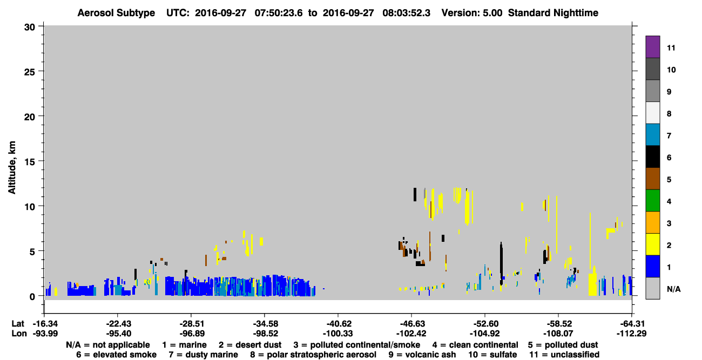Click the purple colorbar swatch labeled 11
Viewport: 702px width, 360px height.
(x=652, y=46)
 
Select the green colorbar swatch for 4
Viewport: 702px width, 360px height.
(x=652, y=200)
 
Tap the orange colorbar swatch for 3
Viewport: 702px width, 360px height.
(x=652, y=222)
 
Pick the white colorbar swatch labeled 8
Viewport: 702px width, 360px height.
(x=652, y=112)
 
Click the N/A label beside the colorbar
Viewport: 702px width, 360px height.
(x=673, y=289)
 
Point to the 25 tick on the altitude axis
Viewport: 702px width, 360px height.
(x=41, y=71)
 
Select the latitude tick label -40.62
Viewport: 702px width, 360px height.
(x=338, y=324)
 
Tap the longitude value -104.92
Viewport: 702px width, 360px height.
(x=484, y=334)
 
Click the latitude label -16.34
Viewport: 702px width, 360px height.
(x=45, y=324)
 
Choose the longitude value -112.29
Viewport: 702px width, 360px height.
(x=631, y=334)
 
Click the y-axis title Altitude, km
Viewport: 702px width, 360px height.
(x=12, y=168)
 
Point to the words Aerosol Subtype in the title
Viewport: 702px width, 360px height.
(x=116, y=13)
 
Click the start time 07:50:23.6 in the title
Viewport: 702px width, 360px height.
(x=279, y=13)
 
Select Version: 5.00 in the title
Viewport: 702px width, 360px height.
(x=471, y=13)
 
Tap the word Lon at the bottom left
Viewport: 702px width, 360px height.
(x=19, y=334)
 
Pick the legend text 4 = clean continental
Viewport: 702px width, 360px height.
(x=475, y=345)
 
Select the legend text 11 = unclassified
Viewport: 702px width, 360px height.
(x=564, y=355)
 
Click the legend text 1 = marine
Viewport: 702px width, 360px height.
(x=184, y=345)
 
